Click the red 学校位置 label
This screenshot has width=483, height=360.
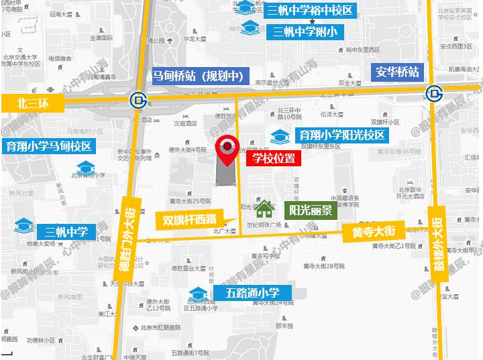coord(274,159)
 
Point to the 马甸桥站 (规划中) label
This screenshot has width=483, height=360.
coord(199,75)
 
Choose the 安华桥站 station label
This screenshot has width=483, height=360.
coord(397,72)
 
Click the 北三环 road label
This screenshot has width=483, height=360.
coord(32,103)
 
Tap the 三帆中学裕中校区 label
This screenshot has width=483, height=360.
coord(311,11)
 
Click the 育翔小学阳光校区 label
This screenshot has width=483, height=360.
coord(342,135)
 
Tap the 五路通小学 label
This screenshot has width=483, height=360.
coord(252,293)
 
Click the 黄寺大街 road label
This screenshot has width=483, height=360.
coord(374,232)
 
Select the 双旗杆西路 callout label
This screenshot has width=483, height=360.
coord(191,219)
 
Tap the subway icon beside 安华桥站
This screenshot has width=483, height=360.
coord(434,92)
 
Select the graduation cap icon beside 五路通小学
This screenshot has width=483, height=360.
coord(198,294)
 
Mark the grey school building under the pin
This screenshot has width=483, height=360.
coord(225,173)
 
